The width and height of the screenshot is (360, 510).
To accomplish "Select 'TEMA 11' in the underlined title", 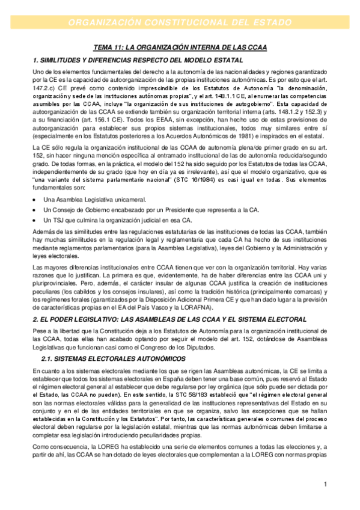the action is [109, 47].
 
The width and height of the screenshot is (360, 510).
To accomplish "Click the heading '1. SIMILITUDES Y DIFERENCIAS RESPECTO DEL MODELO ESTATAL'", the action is [138, 60].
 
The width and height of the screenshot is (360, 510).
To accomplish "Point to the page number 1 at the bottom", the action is [325, 484].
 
